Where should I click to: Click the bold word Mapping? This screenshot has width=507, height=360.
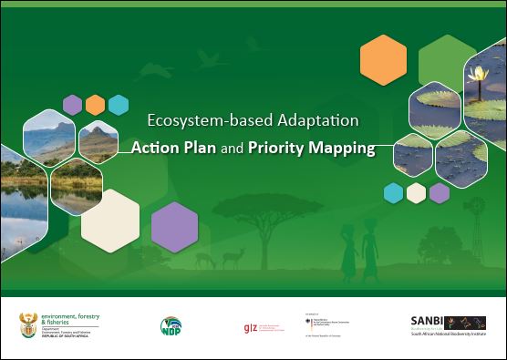(x=344, y=147)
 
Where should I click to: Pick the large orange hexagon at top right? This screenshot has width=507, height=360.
(x=383, y=60)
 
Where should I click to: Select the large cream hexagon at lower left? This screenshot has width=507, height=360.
(x=110, y=220)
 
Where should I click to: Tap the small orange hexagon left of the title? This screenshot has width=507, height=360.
(x=95, y=105)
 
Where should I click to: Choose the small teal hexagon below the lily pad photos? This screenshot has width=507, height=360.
(x=393, y=192)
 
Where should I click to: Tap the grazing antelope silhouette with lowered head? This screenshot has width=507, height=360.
(x=206, y=261)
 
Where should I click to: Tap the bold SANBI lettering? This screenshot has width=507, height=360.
(x=427, y=320)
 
